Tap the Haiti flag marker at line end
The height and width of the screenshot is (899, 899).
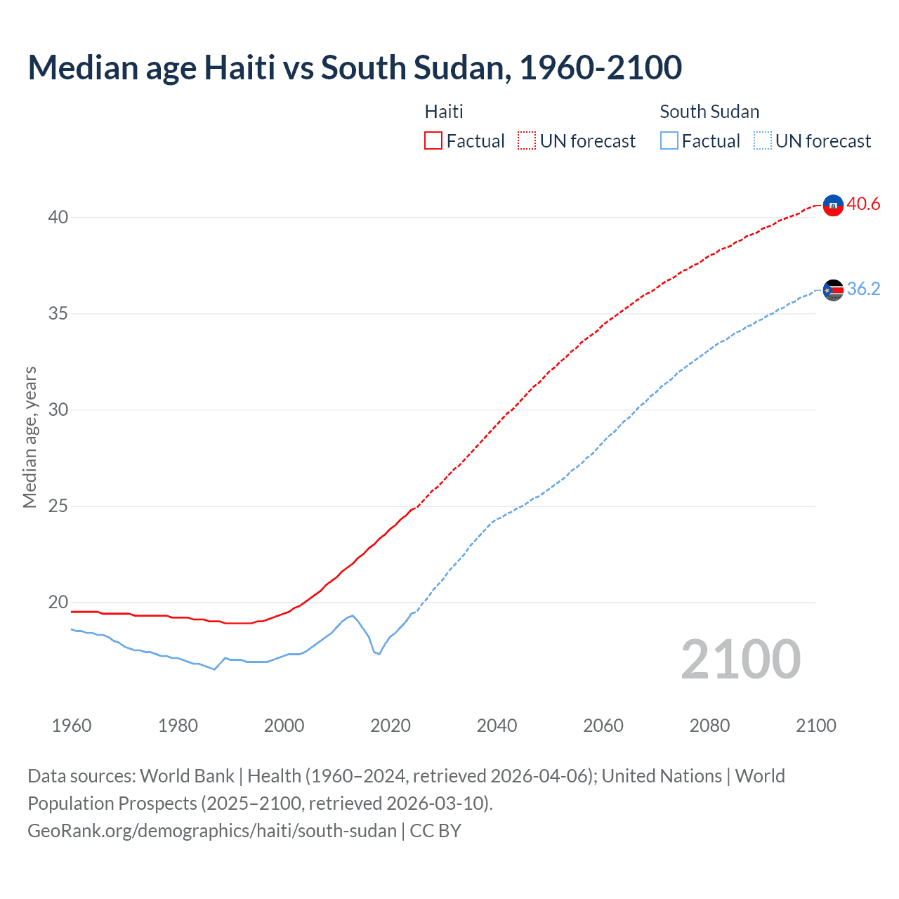(832, 205)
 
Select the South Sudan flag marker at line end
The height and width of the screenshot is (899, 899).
(832, 289)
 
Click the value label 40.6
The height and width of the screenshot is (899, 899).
(863, 204)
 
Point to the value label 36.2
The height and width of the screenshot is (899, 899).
(863, 289)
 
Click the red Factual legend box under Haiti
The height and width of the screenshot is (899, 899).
(433, 140)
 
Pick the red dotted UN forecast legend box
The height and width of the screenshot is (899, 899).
(527, 140)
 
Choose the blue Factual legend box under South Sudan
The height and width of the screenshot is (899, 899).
(669, 140)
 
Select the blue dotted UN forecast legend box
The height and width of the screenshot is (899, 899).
(763, 140)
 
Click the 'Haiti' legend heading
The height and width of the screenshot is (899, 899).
(444, 112)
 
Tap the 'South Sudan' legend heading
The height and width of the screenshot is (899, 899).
(709, 112)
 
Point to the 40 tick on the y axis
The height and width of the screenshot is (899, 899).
(58, 217)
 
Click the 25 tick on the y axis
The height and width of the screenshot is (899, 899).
(58, 506)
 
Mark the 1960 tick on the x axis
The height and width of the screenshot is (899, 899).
(72, 726)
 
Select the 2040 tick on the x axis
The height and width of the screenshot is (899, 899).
(497, 726)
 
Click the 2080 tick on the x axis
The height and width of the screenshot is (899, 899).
(709, 726)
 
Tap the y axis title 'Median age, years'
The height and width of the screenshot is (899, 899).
(29, 437)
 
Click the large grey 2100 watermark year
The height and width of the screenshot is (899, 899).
(740, 660)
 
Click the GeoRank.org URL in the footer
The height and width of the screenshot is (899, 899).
(212, 831)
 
